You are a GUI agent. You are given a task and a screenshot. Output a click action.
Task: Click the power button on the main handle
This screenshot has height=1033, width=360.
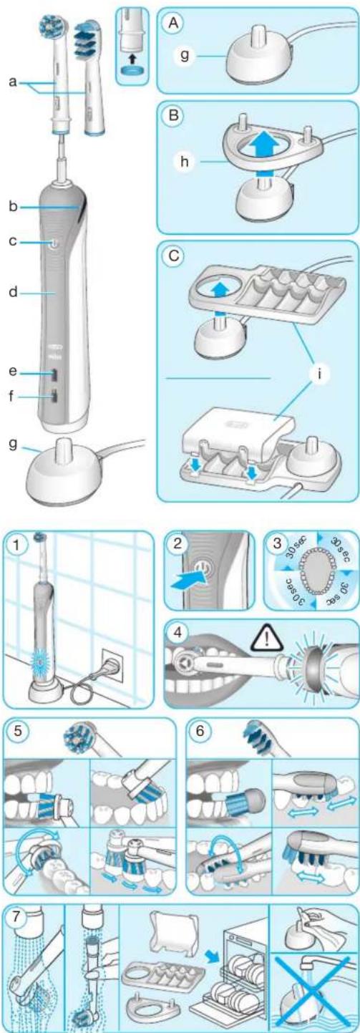point(54,243)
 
